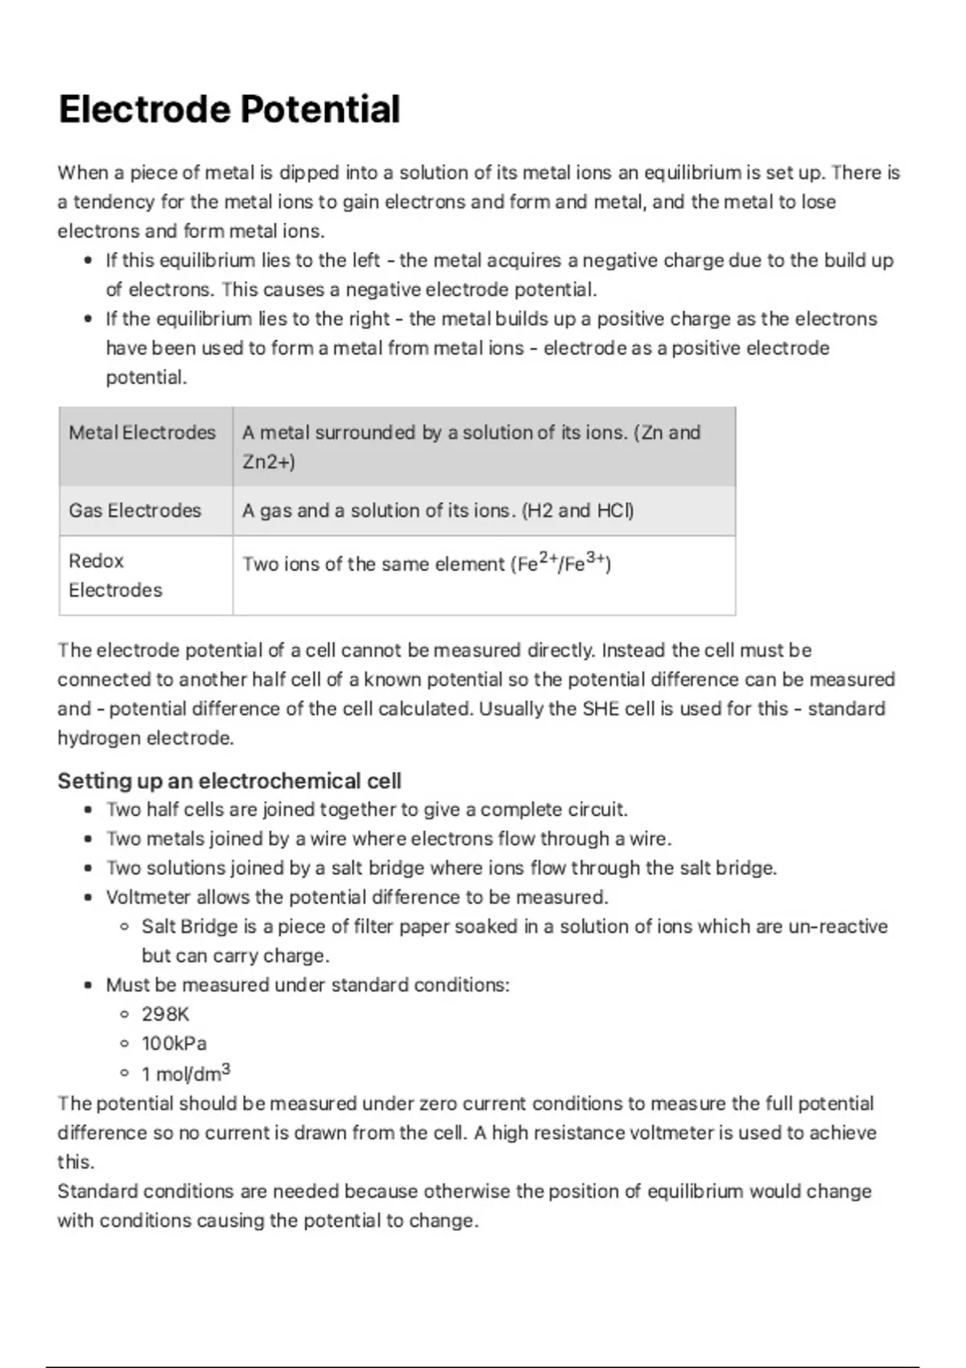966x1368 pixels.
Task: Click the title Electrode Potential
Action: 229,109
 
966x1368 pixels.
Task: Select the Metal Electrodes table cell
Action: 142,433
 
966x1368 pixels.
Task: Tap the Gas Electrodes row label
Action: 134,510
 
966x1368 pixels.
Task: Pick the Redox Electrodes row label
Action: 115,575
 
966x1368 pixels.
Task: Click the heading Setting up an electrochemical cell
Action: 229,781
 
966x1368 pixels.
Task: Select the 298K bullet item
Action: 165,1014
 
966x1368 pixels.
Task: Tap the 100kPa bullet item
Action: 174,1044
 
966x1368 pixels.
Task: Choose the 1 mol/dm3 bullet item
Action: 186,1073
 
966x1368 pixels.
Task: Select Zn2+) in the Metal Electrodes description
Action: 269,462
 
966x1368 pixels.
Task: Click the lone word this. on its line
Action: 76,1162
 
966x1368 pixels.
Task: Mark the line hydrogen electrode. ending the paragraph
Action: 146,738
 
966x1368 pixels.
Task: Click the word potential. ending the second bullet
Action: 147,377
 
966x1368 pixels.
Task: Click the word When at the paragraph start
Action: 82,173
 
